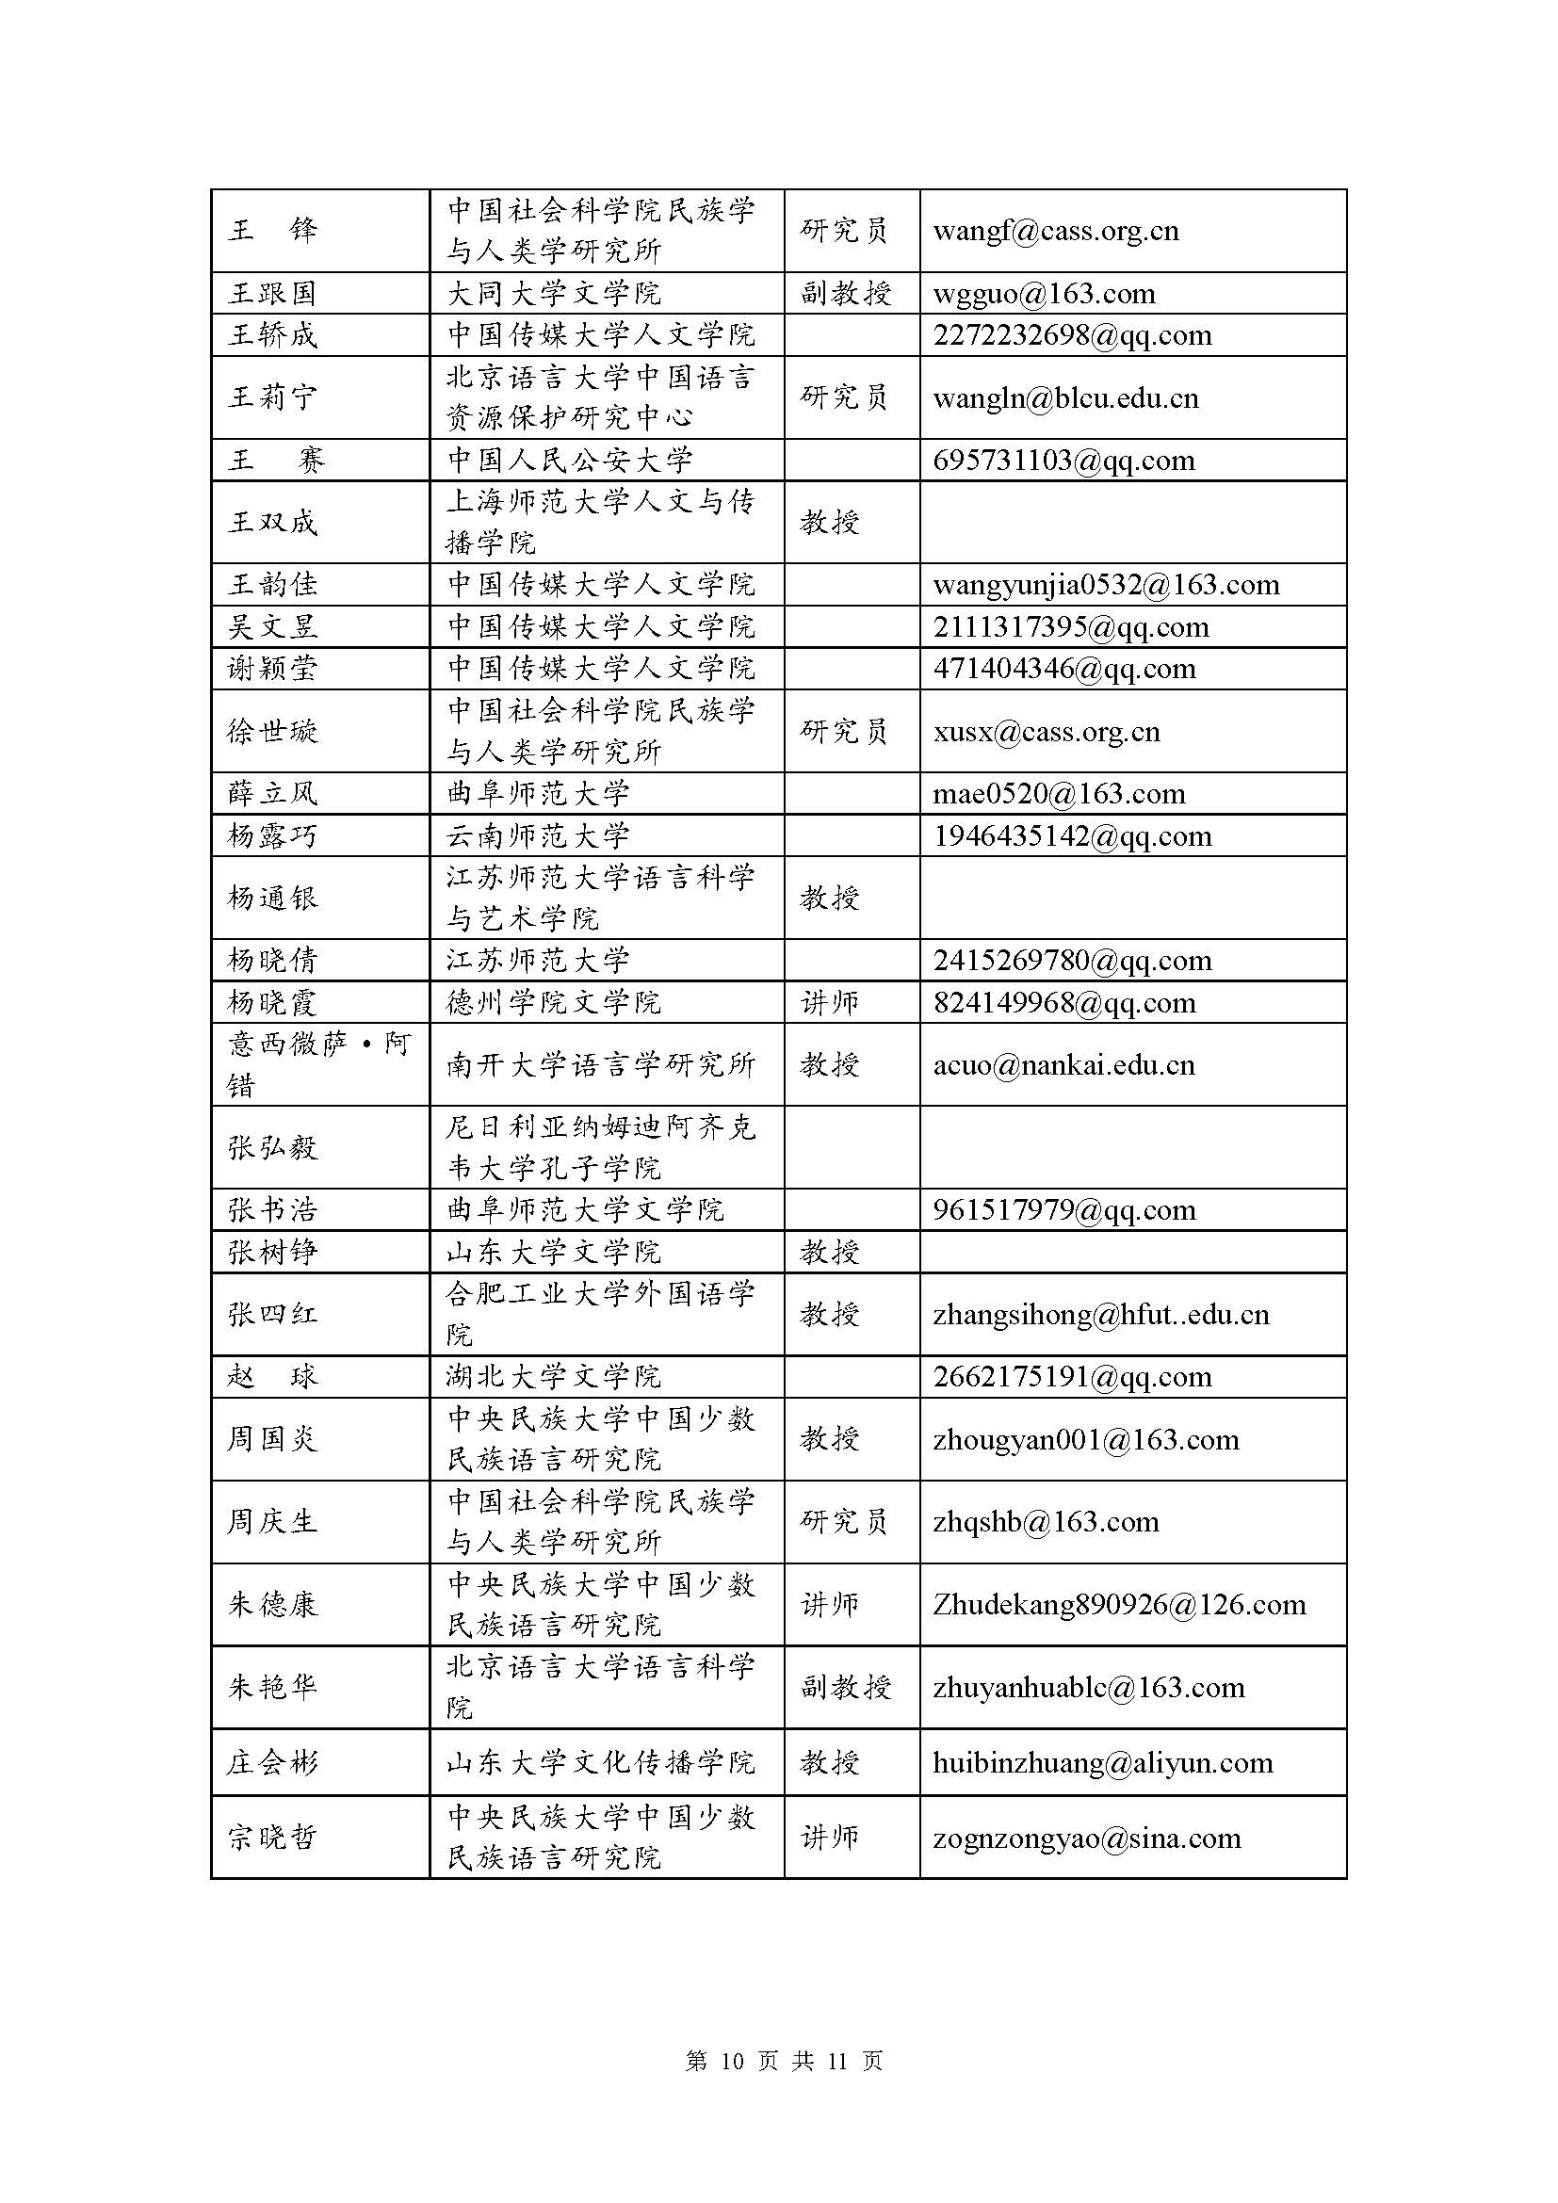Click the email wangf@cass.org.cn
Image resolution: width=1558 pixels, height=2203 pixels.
(x=1055, y=232)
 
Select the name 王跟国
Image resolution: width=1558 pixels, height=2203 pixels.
(x=271, y=294)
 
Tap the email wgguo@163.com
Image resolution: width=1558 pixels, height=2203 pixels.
(x=1044, y=294)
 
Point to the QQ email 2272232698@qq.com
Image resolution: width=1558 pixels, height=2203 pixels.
(x=1072, y=335)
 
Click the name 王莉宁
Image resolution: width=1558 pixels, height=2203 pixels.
(x=271, y=397)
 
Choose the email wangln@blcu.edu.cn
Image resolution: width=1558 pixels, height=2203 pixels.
(x=1065, y=397)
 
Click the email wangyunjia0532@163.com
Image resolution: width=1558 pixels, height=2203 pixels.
(x=1105, y=584)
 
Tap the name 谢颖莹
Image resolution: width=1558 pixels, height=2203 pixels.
(x=271, y=668)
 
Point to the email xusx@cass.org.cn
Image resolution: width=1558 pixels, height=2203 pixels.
(x=1046, y=732)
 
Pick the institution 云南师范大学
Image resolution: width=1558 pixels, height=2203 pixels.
(x=537, y=835)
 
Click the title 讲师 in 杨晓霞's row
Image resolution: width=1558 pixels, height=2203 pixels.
(x=829, y=1003)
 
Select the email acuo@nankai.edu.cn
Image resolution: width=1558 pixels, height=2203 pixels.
(x=1063, y=1065)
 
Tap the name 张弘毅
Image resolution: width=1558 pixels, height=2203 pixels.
(x=271, y=1147)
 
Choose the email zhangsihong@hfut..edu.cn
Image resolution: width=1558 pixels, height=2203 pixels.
(x=1100, y=1315)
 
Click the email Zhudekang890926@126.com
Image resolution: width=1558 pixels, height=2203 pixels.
(x=1119, y=1605)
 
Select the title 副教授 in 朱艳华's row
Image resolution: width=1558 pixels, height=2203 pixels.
(x=845, y=1688)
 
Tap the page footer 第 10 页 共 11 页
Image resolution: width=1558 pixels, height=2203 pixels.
(x=784, y=2061)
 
